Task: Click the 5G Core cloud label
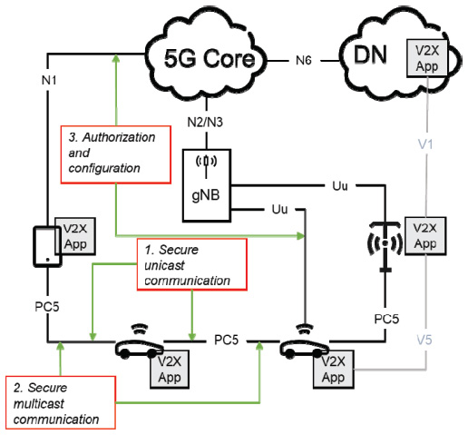point(210,58)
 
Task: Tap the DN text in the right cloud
point(370,54)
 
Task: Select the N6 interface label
point(304,61)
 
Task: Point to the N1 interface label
point(49,80)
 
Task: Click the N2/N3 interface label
point(205,122)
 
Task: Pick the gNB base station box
point(207,185)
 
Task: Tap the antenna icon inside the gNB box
point(206,163)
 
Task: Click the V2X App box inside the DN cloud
point(427,58)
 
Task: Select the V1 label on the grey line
point(425,144)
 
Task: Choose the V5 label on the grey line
point(424,340)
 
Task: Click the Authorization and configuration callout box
point(116,154)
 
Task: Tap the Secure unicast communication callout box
point(192,264)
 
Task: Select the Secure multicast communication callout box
point(61,402)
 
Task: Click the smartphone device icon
point(47,246)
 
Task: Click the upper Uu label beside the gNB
point(340,186)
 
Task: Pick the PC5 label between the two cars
point(226,340)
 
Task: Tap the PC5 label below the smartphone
point(47,307)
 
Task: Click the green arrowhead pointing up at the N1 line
point(116,58)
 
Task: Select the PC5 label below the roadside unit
point(386,319)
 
